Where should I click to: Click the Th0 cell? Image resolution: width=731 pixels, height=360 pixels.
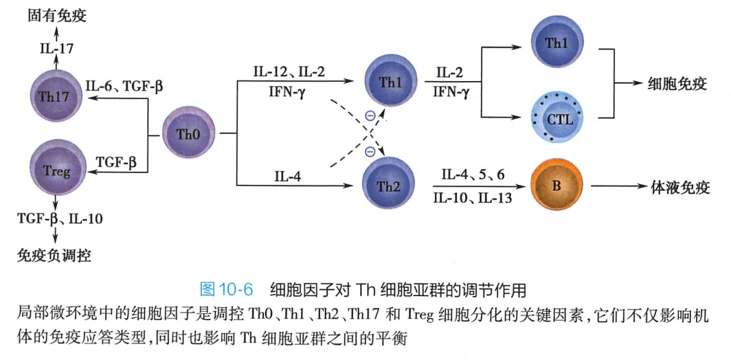point(188,133)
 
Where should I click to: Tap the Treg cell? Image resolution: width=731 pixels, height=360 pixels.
point(56,169)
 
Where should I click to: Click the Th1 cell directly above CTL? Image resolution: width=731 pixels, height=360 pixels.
point(558,42)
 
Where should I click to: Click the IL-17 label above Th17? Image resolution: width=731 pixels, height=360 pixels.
point(57,49)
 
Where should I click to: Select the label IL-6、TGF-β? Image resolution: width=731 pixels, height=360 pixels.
point(124,87)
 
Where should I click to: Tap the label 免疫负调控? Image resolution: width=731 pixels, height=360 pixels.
point(54,256)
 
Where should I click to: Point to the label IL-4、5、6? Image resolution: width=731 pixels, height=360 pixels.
point(473,175)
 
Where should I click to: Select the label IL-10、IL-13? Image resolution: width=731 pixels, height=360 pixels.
point(473,198)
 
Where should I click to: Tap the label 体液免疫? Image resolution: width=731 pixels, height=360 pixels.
point(680,186)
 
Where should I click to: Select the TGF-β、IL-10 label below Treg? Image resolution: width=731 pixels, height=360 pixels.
point(60,220)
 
